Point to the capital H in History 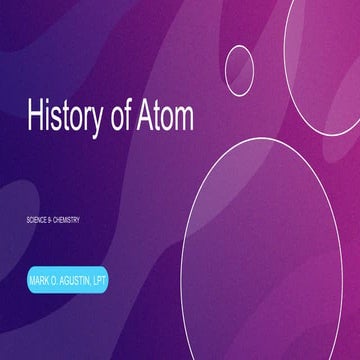coord(32,116)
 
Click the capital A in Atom coord(145,116)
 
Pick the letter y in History coord(93,120)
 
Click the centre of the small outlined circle coord(240,66)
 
